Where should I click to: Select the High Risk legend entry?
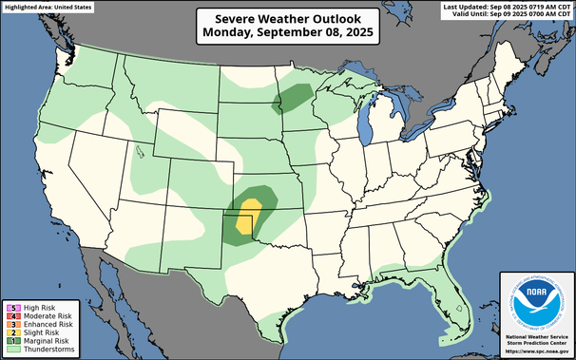[x=34, y=307]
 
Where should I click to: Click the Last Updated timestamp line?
[x=507, y=7]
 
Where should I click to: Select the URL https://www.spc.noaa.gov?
[x=535, y=352]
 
